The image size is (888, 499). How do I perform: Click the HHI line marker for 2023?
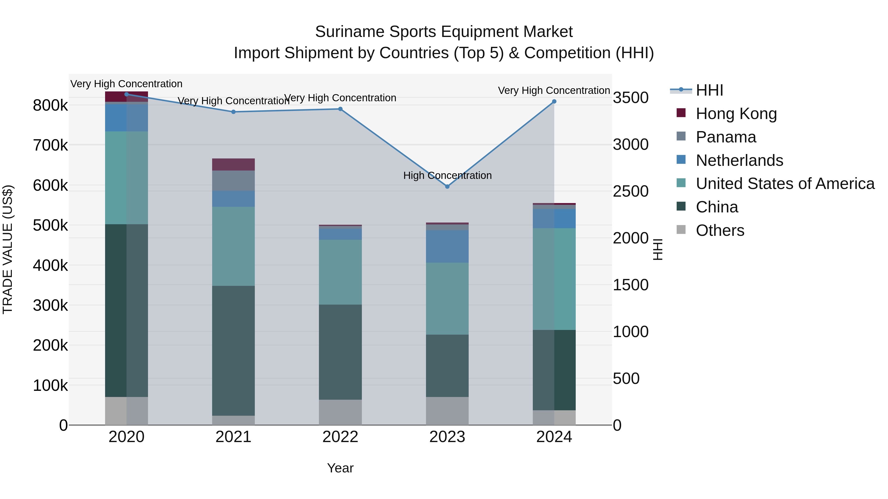[x=447, y=187]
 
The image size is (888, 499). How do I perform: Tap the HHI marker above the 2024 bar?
[x=554, y=102]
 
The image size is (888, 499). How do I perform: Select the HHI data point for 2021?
[x=233, y=112]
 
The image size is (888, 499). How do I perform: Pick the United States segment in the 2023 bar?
[x=447, y=299]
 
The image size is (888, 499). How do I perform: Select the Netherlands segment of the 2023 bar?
[x=447, y=246]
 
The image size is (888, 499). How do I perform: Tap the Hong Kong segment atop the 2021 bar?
[x=233, y=165]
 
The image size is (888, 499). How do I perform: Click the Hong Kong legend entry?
[x=736, y=114]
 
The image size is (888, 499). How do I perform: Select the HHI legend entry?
[x=709, y=90]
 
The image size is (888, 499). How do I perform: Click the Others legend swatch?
[x=681, y=229]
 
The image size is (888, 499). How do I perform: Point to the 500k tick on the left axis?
[x=50, y=225]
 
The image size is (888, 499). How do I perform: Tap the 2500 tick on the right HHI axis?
[x=630, y=191]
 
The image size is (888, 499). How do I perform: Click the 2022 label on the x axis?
[x=340, y=437]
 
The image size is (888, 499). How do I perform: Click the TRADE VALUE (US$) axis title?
[x=8, y=249]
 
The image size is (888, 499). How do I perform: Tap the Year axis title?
[x=340, y=468]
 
